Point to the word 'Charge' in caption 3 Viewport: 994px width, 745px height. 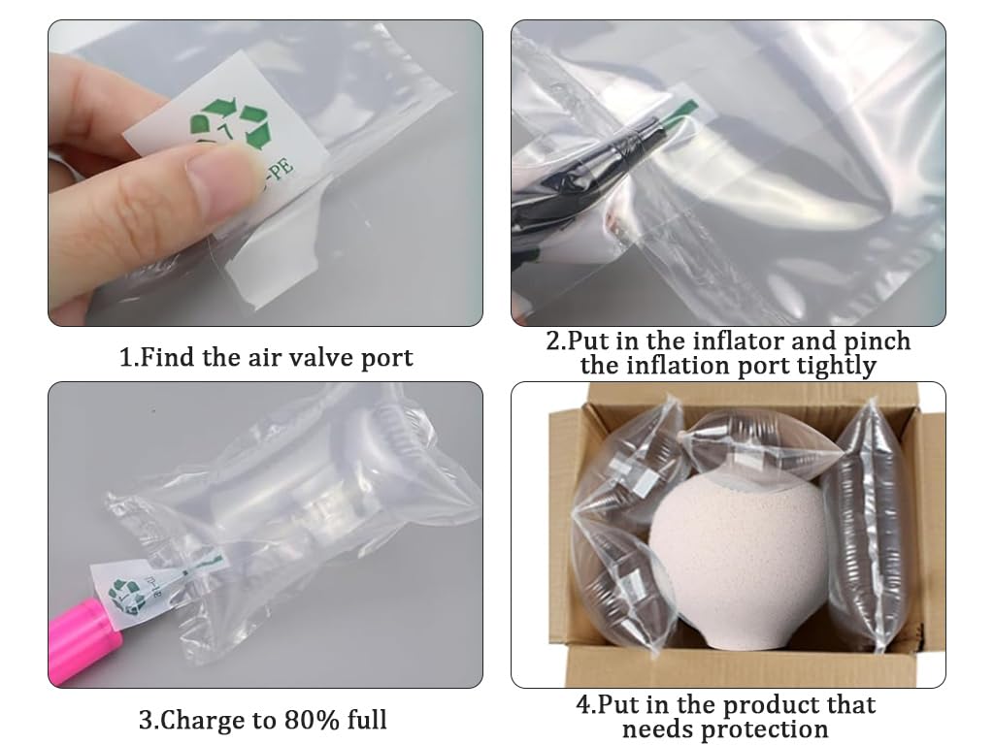click(202, 721)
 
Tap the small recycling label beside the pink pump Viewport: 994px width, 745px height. click(127, 592)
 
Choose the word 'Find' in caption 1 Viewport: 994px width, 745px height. click(165, 357)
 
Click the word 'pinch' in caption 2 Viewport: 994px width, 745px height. click(878, 342)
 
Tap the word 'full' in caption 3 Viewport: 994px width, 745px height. click(367, 720)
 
